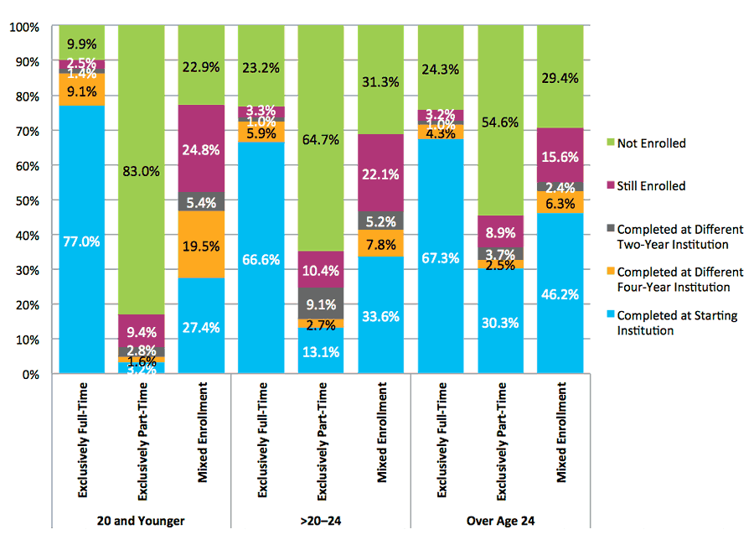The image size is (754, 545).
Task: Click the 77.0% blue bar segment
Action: [82, 241]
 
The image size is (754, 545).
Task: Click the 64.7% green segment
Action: [321, 139]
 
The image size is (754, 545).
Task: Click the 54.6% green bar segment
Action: [499, 122]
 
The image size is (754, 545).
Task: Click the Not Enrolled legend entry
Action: [650, 143]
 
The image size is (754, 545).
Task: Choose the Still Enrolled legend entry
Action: [650, 186]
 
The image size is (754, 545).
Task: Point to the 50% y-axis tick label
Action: [26, 201]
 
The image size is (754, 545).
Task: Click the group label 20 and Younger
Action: [142, 521]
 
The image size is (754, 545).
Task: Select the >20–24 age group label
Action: [321, 521]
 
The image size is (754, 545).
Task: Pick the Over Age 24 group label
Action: [500, 521]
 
